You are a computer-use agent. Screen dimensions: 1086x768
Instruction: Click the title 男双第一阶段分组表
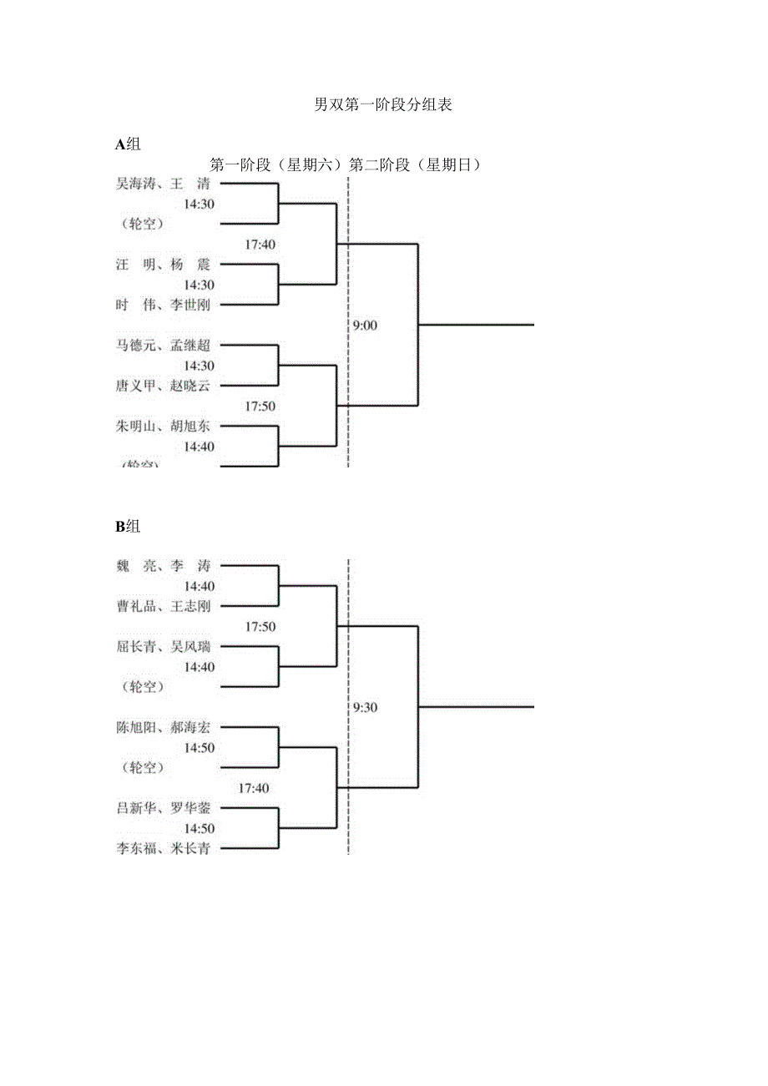point(383,105)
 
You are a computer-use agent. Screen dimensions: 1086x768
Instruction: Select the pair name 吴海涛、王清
point(163,184)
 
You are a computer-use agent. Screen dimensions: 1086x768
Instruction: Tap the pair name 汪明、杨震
point(163,265)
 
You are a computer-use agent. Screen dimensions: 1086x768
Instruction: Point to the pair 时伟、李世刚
point(163,305)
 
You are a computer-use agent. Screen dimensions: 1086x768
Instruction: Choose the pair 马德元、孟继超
point(163,346)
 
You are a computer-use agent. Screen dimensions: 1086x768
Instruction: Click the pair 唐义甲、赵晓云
point(163,386)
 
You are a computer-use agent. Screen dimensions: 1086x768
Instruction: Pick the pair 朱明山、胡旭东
point(163,427)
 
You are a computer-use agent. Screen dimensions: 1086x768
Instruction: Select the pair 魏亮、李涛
point(163,566)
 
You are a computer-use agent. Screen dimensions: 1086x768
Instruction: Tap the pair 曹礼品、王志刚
point(163,606)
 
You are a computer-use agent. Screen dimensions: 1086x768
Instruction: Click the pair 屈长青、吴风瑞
point(163,646)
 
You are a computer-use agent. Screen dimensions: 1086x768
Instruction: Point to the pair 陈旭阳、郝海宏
point(163,727)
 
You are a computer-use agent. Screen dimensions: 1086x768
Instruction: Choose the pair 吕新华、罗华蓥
point(163,808)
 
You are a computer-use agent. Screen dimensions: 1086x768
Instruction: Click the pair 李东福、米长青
point(163,849)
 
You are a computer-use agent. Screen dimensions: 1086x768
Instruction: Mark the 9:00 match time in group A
point(365,326)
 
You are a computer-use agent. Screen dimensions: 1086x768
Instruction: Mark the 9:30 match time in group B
point(365,707)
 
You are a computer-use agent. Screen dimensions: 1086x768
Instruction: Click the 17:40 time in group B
point(254,788)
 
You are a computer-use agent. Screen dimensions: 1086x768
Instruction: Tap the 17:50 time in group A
point(260,407)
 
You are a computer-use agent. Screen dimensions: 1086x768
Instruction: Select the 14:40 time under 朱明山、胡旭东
point(200,447)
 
